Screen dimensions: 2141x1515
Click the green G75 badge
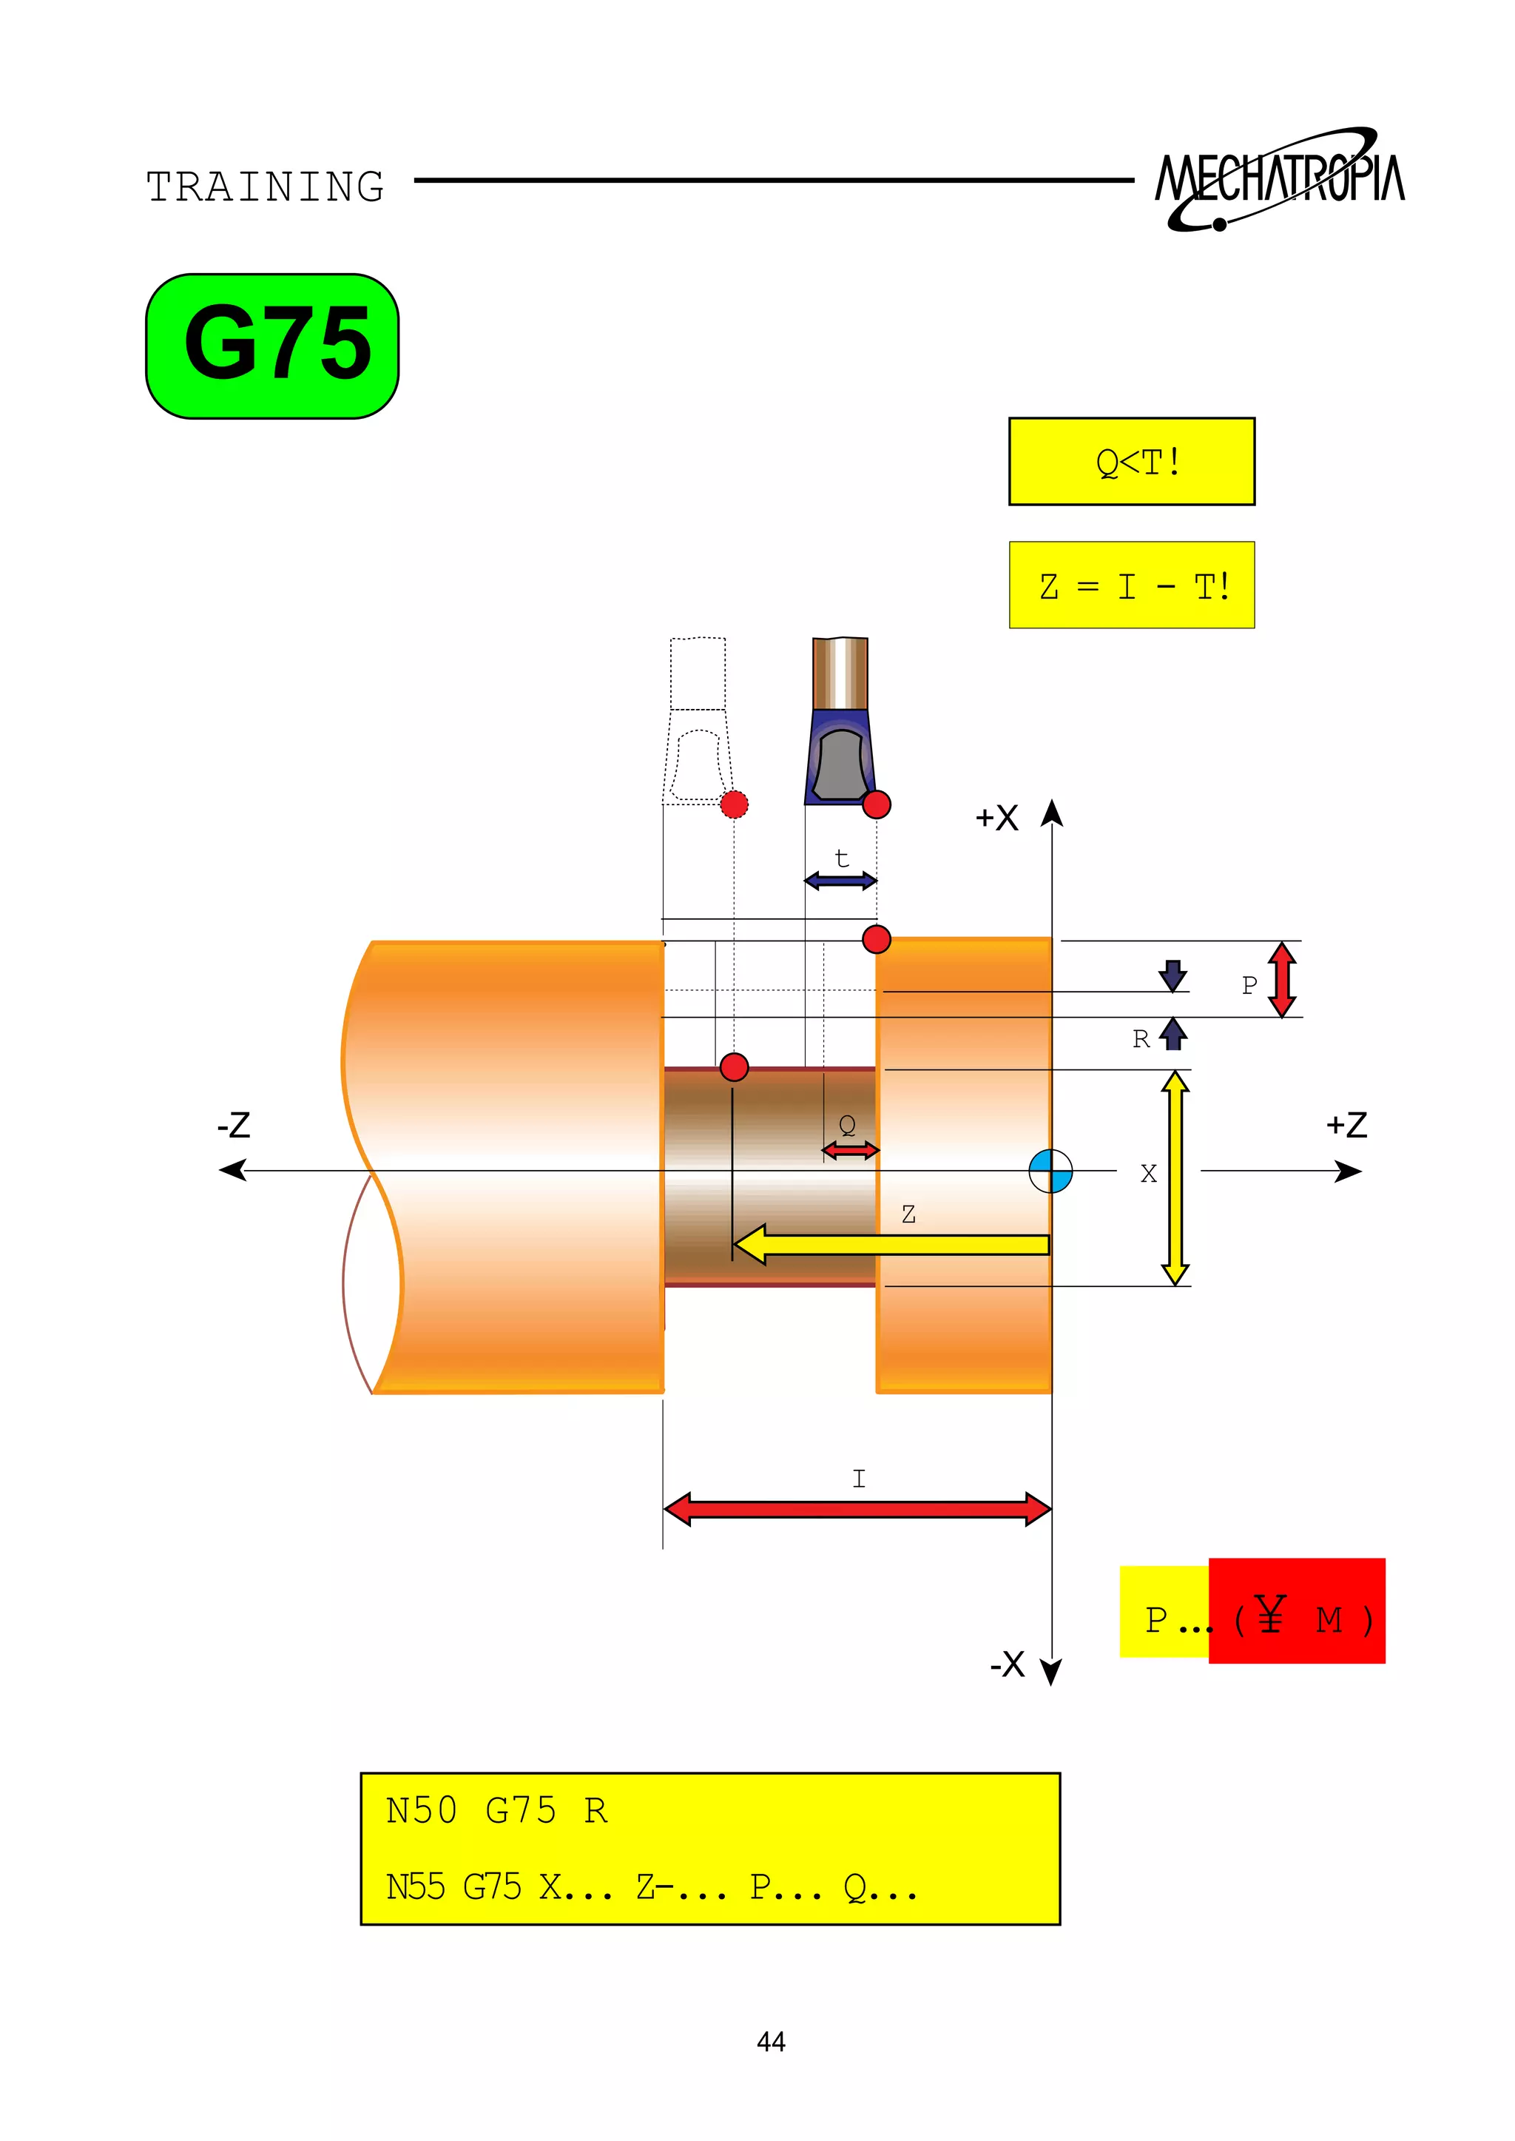272,346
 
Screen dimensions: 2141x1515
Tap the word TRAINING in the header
265,186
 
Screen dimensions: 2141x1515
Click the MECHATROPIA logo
1280,179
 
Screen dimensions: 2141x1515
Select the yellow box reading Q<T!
1132,461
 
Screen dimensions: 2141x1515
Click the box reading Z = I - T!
1132,585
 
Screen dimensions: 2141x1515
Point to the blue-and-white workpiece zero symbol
1050,1170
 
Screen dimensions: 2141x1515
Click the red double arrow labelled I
857,1509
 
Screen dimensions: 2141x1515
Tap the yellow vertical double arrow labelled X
1175,1178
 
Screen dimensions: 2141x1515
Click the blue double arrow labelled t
840,880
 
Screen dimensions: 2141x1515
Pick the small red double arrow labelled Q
850,1151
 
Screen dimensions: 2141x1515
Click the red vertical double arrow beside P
1283,979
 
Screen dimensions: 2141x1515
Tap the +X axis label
996,818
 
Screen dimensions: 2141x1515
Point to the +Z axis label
1346,1125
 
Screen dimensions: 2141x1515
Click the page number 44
771,2041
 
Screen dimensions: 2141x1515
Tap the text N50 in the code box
421,1811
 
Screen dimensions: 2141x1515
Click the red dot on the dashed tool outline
734,804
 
